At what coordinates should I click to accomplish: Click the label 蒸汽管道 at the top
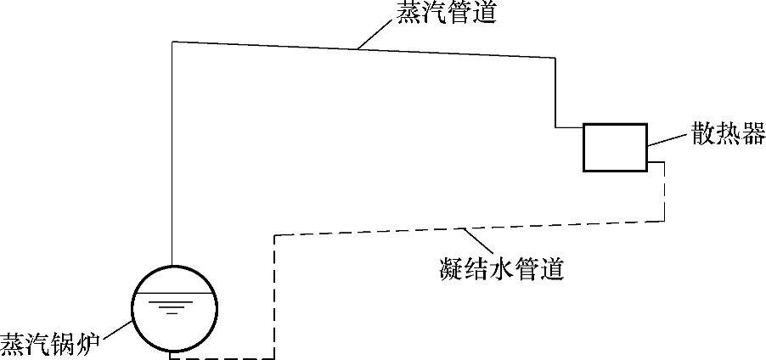click(x=445, y=14)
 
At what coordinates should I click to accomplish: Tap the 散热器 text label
click(x=729, y=133)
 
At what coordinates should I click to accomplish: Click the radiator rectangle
click(x=614, y=147)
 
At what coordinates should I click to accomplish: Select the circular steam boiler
click(x=173, y=309)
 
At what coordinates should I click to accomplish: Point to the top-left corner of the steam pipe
click(x=172, y=42)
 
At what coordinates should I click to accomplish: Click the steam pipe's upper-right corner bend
click(x=555, y=58)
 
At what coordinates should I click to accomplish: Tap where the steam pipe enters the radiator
click(x=583, y=128)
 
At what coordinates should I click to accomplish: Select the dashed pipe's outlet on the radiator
click(x=646, y=161)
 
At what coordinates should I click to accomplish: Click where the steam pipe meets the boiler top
click(x=172, y=266)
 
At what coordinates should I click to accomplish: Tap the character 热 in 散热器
click(x=729, y=133)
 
